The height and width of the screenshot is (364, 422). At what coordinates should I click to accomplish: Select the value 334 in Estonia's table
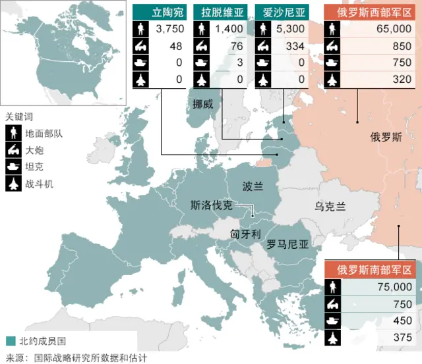(295, 46)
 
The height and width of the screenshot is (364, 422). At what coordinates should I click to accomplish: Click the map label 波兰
(253, 185)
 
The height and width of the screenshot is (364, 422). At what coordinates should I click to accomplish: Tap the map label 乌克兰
(330, 206)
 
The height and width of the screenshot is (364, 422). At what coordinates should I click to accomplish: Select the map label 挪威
(203, 104)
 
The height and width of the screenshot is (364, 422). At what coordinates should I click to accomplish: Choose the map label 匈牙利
(245, 234)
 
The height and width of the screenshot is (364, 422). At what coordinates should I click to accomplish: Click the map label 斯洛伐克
(210, 205)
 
